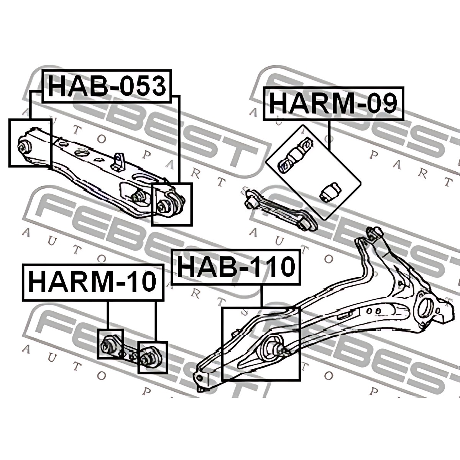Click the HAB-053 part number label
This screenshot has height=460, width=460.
(107, 86)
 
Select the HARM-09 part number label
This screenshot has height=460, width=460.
(333, 103)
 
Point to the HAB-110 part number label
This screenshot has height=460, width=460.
(236, 267)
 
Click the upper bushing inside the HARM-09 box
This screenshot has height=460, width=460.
(295, 156)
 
